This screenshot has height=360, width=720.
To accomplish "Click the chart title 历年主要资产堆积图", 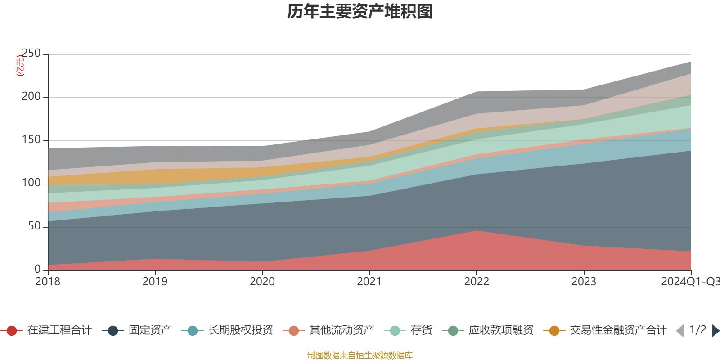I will [x=360, y=12].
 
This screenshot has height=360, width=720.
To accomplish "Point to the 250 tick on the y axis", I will [x=31, y=54].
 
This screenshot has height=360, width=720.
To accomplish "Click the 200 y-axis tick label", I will [x=31, y=97].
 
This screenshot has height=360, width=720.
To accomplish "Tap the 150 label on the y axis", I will [x=31, y=140].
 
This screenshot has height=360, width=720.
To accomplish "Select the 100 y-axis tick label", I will [x=31, y=183].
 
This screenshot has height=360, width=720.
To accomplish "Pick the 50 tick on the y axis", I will [x=34, y=226].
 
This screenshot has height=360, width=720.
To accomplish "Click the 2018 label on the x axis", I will [x=48, y=282].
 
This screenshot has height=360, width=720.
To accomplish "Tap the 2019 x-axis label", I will [x=155, y=282].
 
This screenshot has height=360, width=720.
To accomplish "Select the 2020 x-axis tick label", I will [x=262, y=282].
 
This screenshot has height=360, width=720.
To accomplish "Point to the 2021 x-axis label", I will [x=369, y=282].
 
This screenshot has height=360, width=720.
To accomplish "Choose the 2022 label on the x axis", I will [x=476, y=282].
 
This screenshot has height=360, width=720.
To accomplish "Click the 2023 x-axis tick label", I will [x=584, y=282].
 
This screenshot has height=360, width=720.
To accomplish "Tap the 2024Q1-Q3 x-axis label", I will [x=690, y=282].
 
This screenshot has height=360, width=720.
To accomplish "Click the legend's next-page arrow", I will [x=715, y=331].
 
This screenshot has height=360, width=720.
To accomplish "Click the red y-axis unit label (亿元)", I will [x=20, y=66].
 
